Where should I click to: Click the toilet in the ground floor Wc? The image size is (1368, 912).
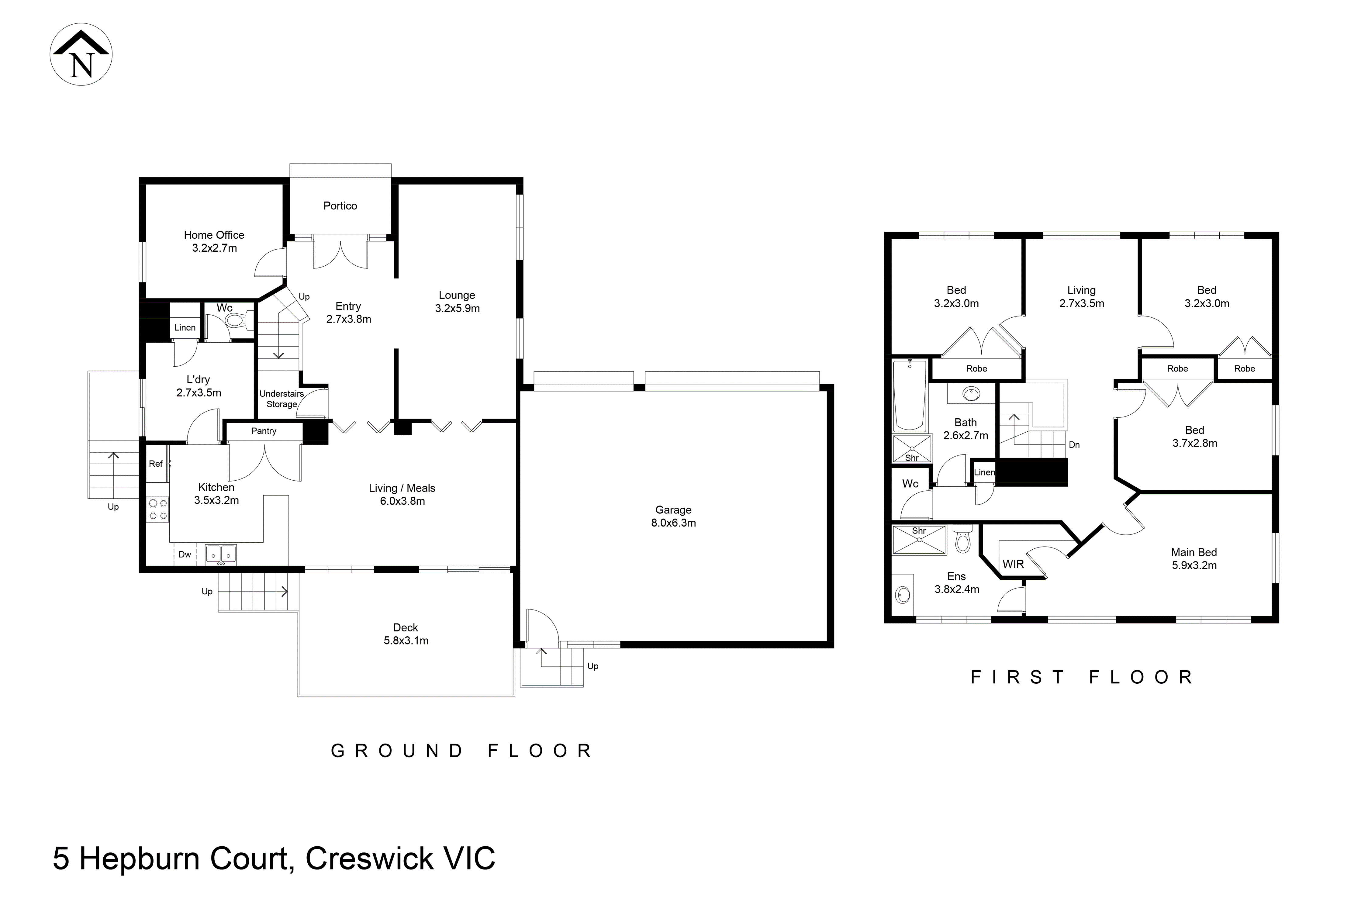(x=238, y=320)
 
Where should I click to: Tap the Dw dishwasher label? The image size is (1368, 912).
(x=185, y=554)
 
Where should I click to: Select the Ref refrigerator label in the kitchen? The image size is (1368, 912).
(x=155, y=464)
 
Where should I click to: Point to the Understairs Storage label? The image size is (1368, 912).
(x=282, y=399)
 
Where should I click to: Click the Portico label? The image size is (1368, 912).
(x=340, y=206)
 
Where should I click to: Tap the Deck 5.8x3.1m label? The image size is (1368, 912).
(x=406, y=634)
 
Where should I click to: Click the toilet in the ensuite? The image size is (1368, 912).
(x=962, y=540)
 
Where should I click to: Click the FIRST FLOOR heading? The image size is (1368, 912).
(x=1082, y=677)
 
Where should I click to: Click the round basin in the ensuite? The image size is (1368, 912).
(x=903, y=594)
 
